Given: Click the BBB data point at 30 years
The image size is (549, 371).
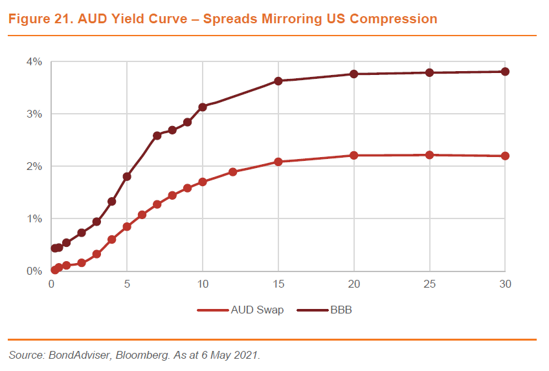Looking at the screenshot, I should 505,71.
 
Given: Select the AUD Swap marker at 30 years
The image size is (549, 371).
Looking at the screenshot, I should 505,156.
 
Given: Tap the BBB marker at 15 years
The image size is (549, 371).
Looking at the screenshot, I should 278,81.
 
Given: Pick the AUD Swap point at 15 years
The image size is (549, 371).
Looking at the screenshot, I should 278,162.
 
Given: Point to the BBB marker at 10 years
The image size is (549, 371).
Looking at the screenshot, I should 203,107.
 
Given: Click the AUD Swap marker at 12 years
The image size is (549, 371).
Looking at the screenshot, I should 233,172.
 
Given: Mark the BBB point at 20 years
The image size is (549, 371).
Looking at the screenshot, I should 354,74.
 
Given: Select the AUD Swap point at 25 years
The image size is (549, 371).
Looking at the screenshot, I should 429,155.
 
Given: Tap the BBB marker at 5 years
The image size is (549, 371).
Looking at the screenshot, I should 127,176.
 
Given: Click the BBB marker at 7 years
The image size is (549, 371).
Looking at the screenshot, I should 157,136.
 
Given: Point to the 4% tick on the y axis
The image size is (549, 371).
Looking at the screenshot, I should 34,62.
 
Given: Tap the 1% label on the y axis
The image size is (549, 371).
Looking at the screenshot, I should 34,218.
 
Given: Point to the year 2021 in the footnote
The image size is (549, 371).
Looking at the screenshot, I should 245,355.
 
